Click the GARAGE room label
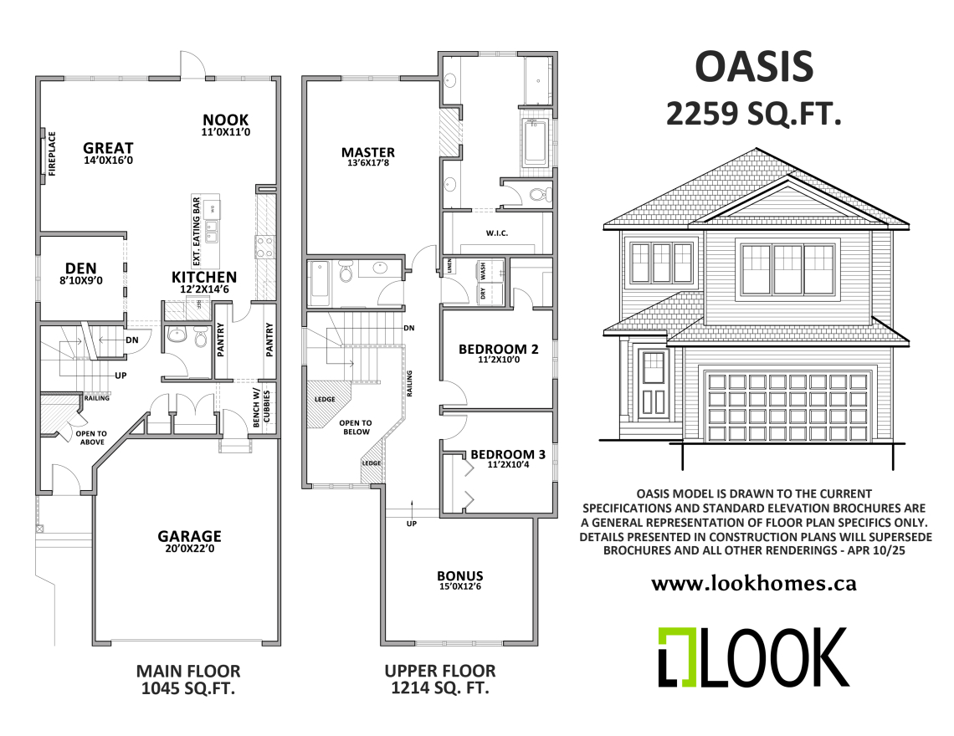pos(190,536)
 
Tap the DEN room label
pos(81,268)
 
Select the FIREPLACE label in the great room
pos(51,154)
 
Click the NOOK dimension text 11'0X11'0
pos(226,132)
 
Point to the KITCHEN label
pos(203,277)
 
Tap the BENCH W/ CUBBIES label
pos(260,410)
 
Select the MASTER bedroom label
pos(367,152)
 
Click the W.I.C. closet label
pos(497,233)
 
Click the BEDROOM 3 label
pos(508,455)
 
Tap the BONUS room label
pos(459,576)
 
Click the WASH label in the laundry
pos(484,271)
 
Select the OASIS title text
pos(754,66)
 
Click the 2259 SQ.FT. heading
pos(753,114)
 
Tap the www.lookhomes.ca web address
pos(753,584)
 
